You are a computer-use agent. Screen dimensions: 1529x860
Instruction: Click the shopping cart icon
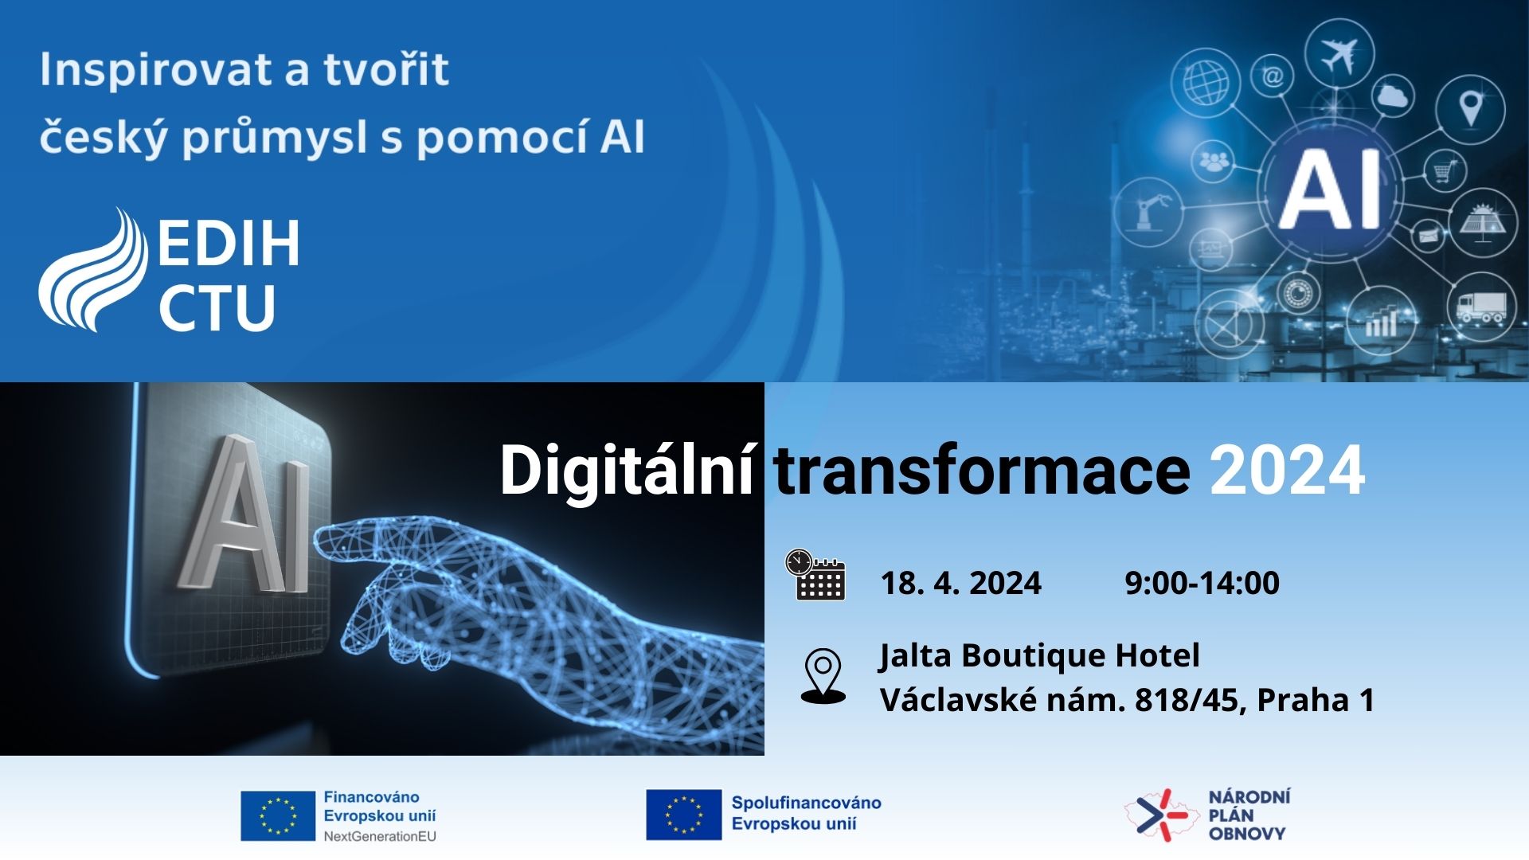pyautogui.click(x=1445, y=170)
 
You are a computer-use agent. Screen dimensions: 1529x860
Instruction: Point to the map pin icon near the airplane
pyautogui.click(x=1471, y=108)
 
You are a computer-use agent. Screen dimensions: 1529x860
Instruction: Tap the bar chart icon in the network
pyautogui.click(x=1382, y=320)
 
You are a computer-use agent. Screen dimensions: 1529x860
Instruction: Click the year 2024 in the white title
pyautogui.click(x=1288, y=471)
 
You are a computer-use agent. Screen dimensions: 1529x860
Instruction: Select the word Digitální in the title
pyautogui.click(x=627, y=471)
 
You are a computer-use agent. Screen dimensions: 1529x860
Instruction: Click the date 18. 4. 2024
pyautogui.click(x=961, y=583)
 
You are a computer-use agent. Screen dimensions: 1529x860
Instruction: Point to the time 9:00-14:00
pyautogui.click(x=1202, y=583)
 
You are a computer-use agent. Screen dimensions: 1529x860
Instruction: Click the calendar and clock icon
pyautogui.click(x=815, y=574)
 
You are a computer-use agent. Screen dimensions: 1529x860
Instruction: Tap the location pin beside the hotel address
pyautogui.click(x=823, y=676)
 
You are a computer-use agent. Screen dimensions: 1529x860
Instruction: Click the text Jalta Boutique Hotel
pyautogui.click(x=1039, y=655)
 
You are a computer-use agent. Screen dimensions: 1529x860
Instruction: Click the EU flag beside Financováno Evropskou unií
pyautogui.click(x=278, y=815)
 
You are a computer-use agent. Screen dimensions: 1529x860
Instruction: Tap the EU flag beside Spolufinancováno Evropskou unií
pyautogui.click(x=683, y=815)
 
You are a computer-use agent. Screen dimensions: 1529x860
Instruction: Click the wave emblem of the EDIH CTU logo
pyautogui.click(x=94, y=270)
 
